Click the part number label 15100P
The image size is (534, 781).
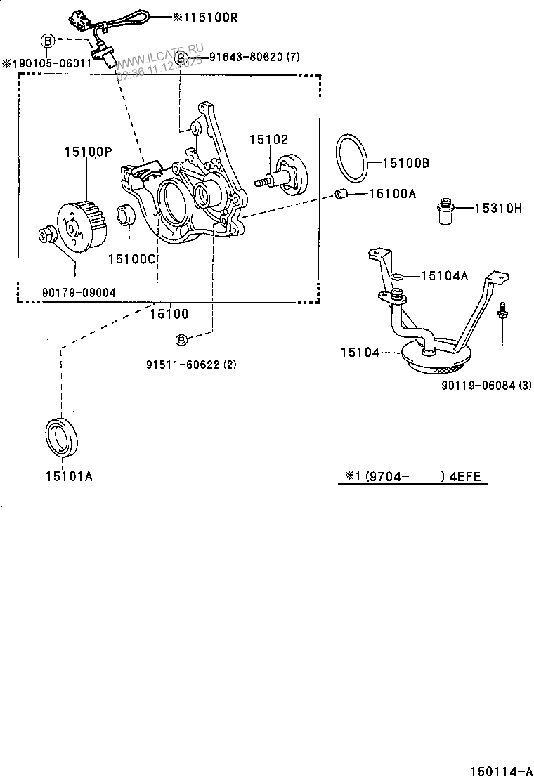point(88,151)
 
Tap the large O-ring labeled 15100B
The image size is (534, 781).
point(351,159)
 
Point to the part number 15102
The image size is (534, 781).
point(268,140)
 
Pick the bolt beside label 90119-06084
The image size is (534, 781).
point(502,312)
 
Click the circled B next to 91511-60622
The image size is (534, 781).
point(181,341)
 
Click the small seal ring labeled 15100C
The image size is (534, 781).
point(126,215)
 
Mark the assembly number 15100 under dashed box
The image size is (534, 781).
point(169,314)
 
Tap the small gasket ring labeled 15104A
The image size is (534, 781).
point(397,277)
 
